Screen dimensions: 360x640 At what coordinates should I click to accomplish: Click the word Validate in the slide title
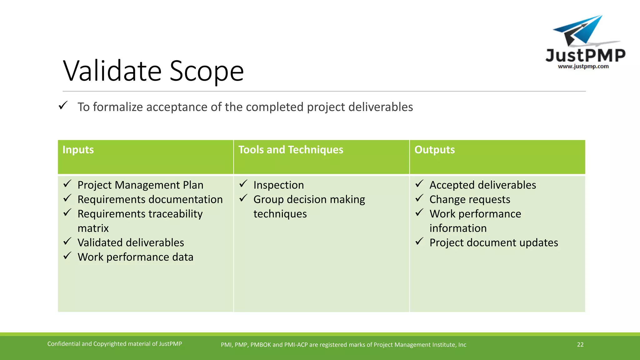tap(112, 71)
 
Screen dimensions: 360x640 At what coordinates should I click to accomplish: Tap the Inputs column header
tap(78, 150)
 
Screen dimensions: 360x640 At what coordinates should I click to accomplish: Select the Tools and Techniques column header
tap(291, 150)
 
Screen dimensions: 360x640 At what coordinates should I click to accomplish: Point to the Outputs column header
tap(434, 150)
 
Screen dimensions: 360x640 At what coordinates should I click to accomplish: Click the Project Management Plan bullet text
tap(140, 185)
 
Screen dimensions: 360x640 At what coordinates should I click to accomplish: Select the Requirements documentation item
tap(150, 199)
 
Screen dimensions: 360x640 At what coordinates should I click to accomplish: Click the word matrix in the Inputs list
tap(93, 228)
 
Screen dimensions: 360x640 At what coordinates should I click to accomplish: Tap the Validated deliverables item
tap(131, 242)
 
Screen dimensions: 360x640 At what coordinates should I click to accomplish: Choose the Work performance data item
tap(135, 257)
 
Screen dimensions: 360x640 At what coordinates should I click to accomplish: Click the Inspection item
tap(278, 185)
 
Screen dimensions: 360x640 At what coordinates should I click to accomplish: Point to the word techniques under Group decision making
tap(280, 214)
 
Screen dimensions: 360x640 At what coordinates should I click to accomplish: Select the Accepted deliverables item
tap(482, 185)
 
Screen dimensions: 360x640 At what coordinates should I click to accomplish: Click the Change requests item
tap(470, 199)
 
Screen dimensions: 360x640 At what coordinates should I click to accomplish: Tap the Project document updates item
tap(493, 242)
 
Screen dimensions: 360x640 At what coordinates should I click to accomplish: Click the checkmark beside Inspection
tap(243, 184)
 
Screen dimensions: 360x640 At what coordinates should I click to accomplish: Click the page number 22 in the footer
tap(580, 344)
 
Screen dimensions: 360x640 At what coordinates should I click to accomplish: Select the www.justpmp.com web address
tap(583, 66)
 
